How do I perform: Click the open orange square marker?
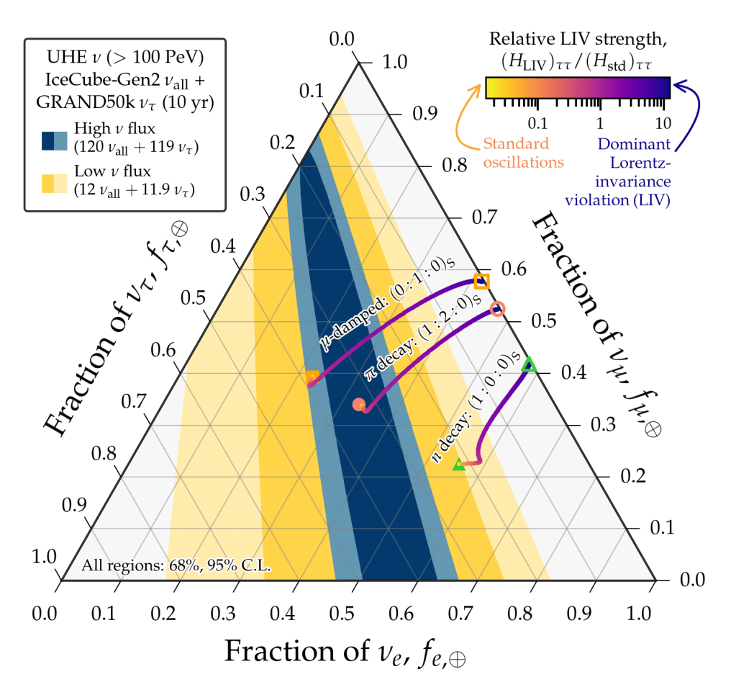[481, 282]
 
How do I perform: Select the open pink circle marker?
[497, 309]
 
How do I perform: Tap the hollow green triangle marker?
[529, 364]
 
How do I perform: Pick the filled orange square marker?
[312, 377]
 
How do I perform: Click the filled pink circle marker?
[358, 405]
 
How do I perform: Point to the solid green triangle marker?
[458, 465]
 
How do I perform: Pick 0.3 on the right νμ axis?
[602, 424]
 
